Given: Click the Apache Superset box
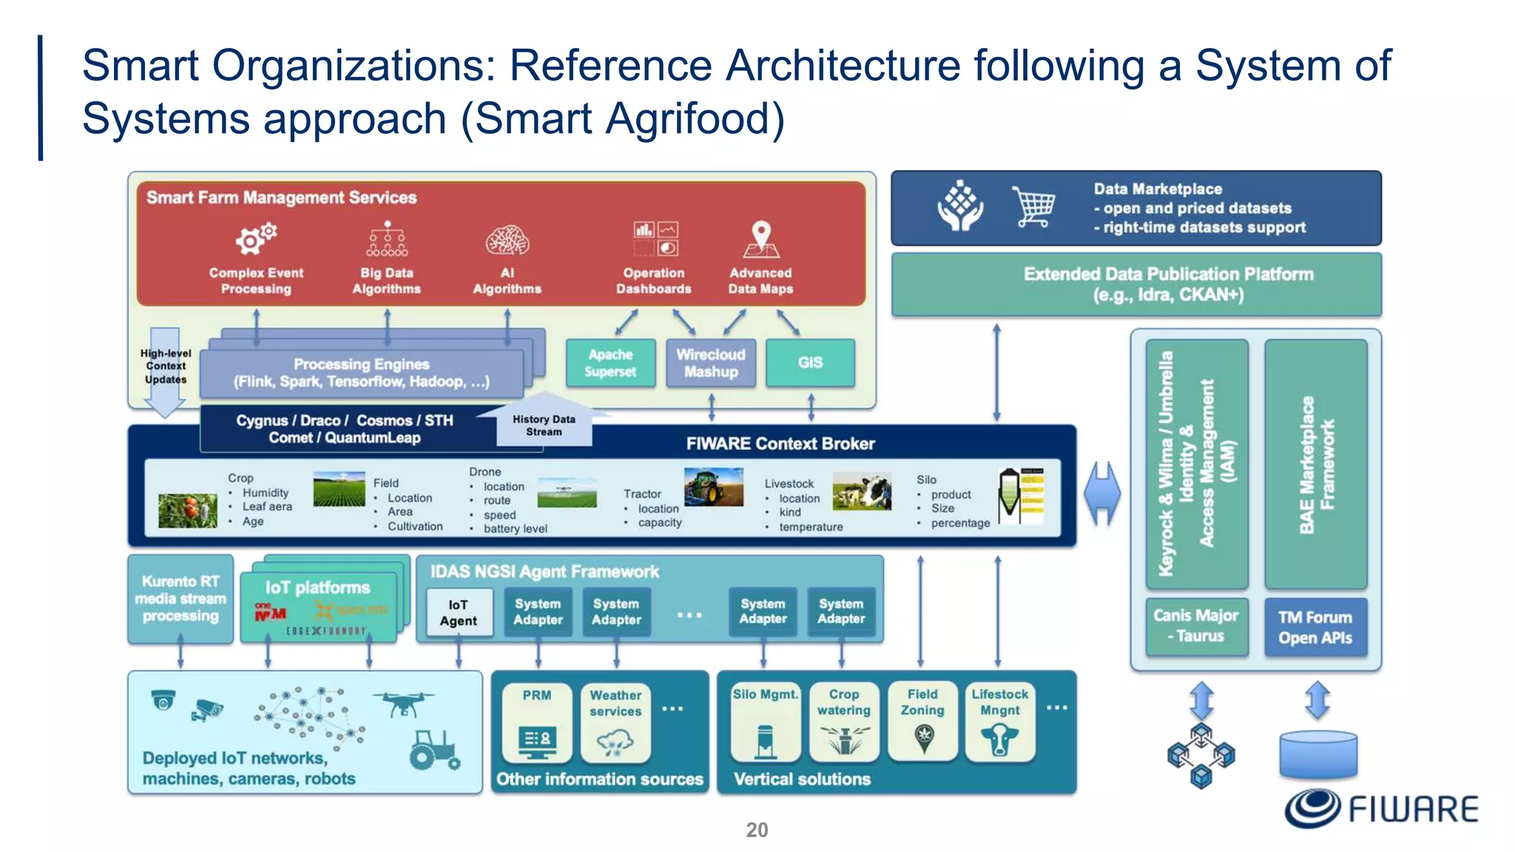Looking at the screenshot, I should tap(610, 362).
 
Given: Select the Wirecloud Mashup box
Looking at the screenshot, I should tap(710, 362).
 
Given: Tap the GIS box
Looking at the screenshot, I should tap(810, 362).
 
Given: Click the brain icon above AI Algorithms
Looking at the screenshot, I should tap(507, 240).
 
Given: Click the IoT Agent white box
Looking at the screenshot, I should tap(459, 612).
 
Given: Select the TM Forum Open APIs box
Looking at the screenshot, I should tap(1315, 627).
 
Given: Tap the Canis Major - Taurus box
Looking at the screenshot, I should tap(1195, 626).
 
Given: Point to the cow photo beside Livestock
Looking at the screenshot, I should tap(862, 492).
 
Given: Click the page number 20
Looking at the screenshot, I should tap(757, 830).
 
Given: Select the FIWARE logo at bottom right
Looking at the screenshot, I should tap(1381, 808).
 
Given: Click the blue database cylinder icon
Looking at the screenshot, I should tap(1318, 754).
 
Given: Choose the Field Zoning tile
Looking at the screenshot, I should tap(922, 721).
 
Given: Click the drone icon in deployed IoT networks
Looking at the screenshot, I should tap(403, 703).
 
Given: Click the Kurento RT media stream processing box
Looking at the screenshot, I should tap(180, 599).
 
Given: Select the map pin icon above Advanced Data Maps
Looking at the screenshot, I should tap(760, 238).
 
